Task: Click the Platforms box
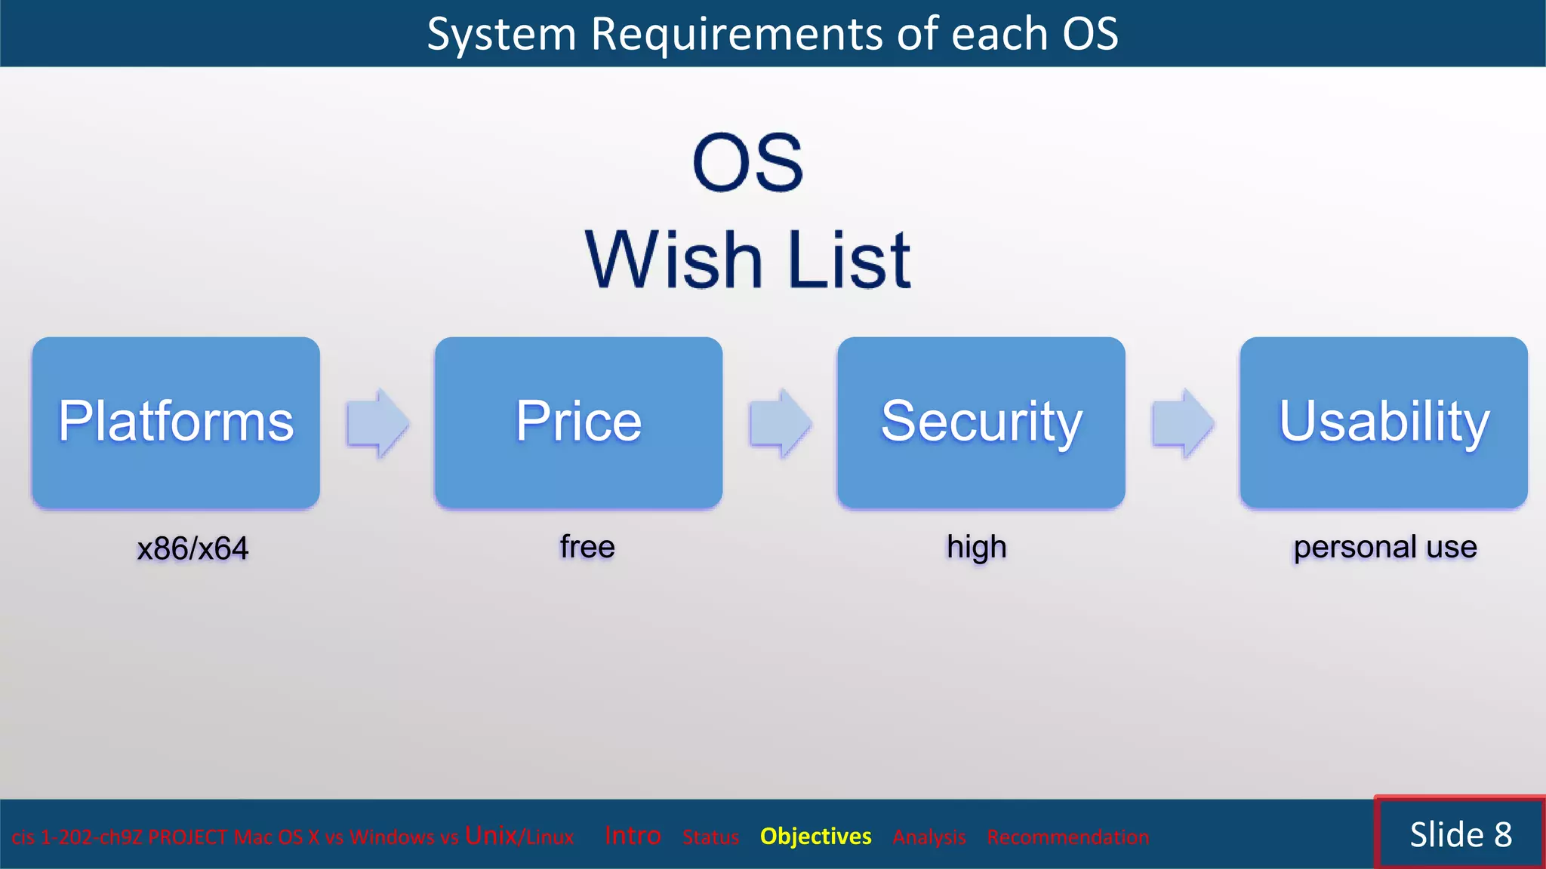176,422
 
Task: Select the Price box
578,422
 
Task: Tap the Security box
981,422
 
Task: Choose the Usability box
1384,422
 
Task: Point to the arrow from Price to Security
780,423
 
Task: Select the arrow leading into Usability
1182,423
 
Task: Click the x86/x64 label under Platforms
192,548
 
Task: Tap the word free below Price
587,547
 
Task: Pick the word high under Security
977,547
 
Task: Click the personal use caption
1385,547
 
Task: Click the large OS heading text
747,163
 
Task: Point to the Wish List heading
747,259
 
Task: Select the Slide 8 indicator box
1460,834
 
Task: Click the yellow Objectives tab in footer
815,837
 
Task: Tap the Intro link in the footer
633,836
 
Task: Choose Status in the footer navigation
710,837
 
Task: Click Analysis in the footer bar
929,837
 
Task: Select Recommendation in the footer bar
1067,837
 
